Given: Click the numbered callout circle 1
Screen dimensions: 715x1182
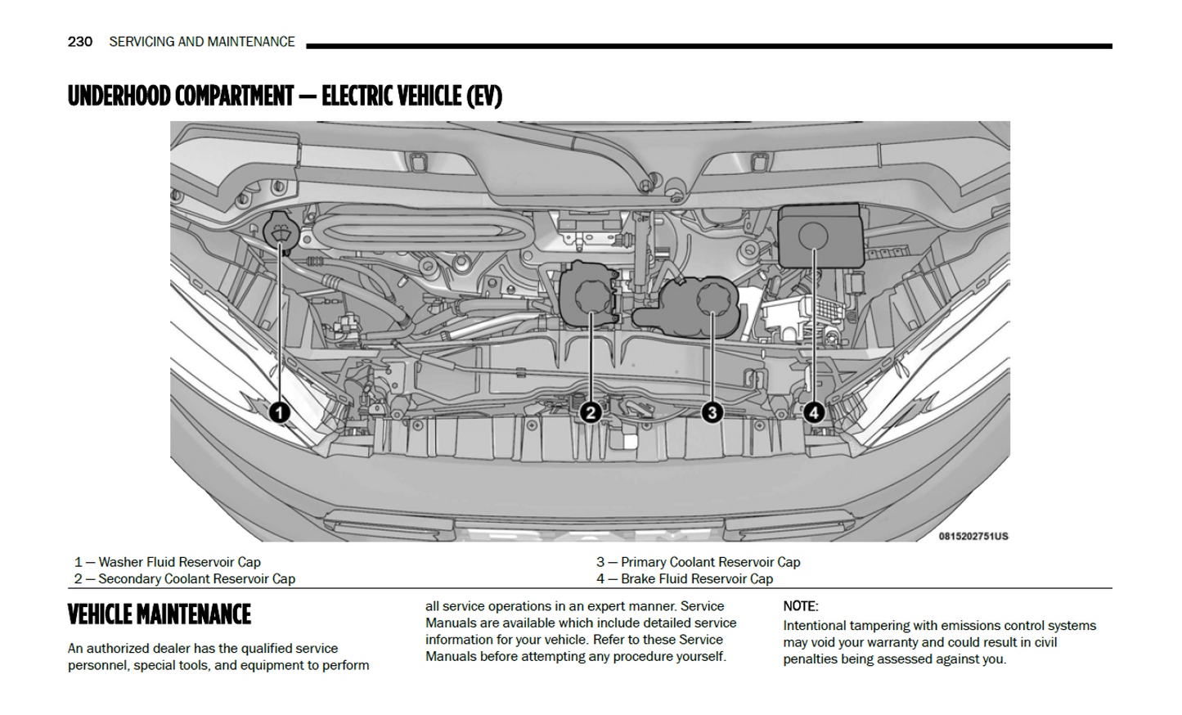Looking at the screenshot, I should (280, 412).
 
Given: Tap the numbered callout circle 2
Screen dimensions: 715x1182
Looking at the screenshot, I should (591, 412).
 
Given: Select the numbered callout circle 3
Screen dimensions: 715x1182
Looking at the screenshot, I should (712, 412).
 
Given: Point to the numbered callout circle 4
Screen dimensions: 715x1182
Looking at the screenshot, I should (813, 412).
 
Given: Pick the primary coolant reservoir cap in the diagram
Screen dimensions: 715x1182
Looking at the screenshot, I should (713, 299).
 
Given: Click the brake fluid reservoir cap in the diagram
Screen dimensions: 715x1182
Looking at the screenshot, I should (813, 236).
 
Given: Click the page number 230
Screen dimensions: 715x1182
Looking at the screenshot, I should (80, 42).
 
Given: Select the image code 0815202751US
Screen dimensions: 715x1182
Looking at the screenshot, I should (973, 537).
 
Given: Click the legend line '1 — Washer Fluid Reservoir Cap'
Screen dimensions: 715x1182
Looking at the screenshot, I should (168, 562).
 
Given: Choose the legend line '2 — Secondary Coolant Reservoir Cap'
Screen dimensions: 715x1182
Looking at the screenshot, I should (185, 578).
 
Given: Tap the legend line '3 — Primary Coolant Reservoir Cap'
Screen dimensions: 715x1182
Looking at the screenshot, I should (698, 562).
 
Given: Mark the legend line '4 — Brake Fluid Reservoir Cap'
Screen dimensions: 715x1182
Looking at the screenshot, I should (685, 578).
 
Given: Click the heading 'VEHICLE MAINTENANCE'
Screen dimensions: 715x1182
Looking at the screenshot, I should (160, 614).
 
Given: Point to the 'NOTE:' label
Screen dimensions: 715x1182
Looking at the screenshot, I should (800, 606).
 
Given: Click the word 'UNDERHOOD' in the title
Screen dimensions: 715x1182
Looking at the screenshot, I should (119, 97).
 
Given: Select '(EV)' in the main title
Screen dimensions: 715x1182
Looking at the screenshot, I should (484, 97).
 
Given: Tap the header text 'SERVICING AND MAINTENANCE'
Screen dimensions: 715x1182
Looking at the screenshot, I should (202, 42).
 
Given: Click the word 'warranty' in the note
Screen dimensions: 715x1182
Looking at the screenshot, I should (889, 642).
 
